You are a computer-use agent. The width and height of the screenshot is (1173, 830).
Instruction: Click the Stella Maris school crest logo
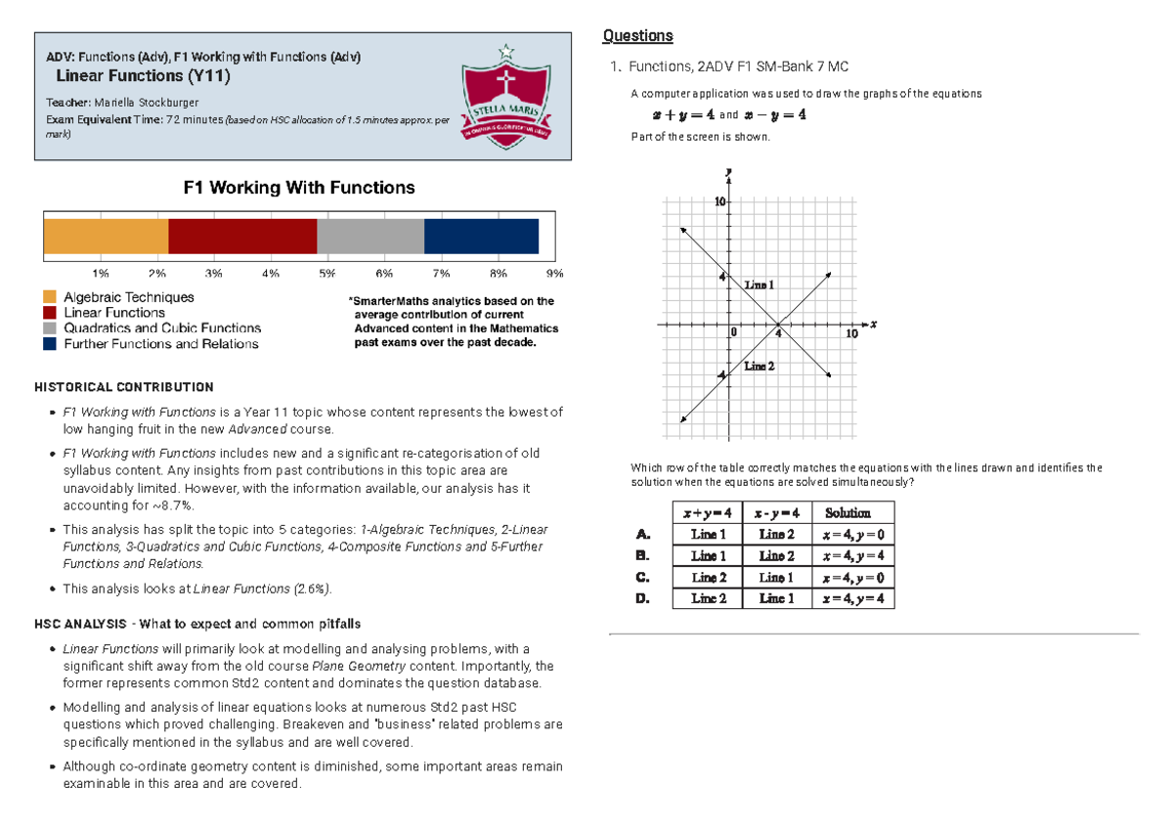coord(505,97)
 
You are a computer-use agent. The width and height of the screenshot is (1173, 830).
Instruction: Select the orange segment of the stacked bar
coord(106,237)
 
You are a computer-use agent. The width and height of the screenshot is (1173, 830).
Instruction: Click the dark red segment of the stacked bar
coord(242,237)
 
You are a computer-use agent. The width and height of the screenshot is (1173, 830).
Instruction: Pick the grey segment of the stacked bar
coord(370,237)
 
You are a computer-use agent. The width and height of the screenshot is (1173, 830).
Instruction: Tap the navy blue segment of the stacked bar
coord(481,237)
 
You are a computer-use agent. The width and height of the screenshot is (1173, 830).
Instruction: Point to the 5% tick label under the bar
coord(326,274)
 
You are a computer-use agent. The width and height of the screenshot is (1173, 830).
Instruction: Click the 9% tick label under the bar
coord(555,274)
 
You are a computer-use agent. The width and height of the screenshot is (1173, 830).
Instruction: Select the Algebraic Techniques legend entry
coord(128,297)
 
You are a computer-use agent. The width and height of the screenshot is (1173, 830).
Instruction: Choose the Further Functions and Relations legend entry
coord(160,344)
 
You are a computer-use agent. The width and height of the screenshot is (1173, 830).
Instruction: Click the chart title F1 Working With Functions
coord(299,188)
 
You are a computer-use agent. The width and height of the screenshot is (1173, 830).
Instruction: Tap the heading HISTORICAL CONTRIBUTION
coord(123,387)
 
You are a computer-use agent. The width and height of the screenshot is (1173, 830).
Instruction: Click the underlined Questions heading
coord(637,36)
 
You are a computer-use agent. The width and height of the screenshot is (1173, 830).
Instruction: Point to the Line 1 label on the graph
coord(759,284)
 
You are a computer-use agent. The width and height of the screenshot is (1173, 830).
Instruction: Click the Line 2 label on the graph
coord(759,366)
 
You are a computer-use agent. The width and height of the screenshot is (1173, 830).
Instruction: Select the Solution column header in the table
coord(847,513)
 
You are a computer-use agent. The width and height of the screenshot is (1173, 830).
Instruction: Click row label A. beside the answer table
coord(642,535)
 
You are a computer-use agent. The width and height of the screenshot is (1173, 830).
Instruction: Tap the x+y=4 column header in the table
coord(708,513)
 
